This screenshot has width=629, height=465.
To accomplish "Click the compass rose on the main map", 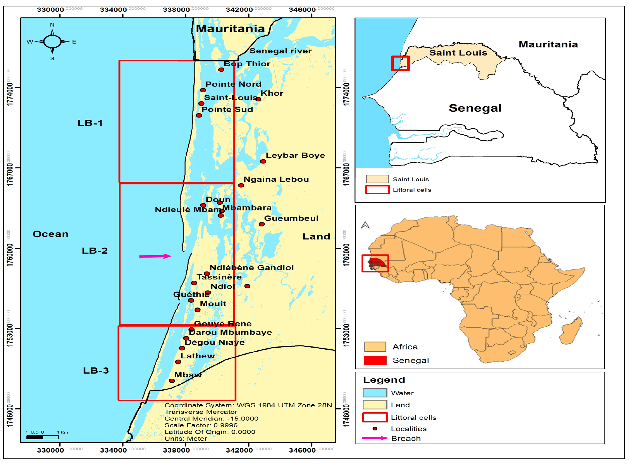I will [x=52, y=42].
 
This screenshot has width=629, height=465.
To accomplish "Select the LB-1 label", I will [x=90, y=123].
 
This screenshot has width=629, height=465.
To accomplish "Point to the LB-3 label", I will [x=96, y=370].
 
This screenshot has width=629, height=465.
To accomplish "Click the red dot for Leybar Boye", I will [x=263, y=161].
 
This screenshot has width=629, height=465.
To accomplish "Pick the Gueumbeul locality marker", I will [x=261, y=224].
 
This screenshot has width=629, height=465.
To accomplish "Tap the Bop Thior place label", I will [x=247, y=64].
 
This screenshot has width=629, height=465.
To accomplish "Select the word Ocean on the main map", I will [x=51, y=234].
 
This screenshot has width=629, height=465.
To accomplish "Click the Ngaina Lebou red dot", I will [x=241, y=185].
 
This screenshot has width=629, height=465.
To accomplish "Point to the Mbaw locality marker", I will [x=172, y=381].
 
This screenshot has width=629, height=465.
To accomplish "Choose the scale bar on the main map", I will [x=42, y=437].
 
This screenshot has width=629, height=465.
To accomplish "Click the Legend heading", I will [x=384, y=380].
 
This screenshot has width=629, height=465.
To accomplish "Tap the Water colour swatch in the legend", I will [x=375, y=393].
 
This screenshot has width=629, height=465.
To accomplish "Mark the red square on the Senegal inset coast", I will [x=400, y=63].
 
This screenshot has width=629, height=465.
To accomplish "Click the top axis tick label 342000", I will [x=239, y=10].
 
